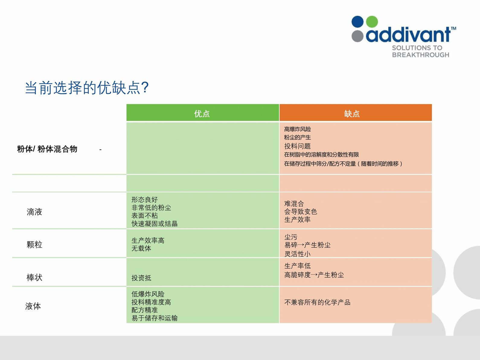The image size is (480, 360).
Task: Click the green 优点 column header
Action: (203, 113)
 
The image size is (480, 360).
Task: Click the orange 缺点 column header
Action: (356, 113)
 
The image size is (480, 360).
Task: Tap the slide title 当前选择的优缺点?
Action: (87, 88)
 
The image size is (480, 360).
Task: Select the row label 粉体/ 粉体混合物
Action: (47, 149)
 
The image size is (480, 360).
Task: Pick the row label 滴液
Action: (34, 212)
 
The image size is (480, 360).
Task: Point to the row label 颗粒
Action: (34, 245)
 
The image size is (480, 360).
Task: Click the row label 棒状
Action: (34, 278)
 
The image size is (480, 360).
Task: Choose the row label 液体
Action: (33, 306)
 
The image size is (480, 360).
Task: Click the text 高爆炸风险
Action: (297, 129)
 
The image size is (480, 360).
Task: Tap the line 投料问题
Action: (297, 146)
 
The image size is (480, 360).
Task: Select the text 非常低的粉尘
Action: (151, 207)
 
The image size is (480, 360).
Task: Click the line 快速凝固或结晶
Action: (154, 223)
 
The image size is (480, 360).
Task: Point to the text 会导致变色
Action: (300, 211)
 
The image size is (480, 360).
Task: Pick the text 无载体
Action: (141, 249)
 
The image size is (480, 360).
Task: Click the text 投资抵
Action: (141, 278)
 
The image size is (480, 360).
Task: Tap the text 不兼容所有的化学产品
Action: (317, 302)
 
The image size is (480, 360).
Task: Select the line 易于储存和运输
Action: (154, 318)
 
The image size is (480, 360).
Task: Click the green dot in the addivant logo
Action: (372, 22)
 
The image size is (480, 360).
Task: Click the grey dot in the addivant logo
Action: (357, 36)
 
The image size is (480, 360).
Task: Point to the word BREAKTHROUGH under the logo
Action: (421, 55)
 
